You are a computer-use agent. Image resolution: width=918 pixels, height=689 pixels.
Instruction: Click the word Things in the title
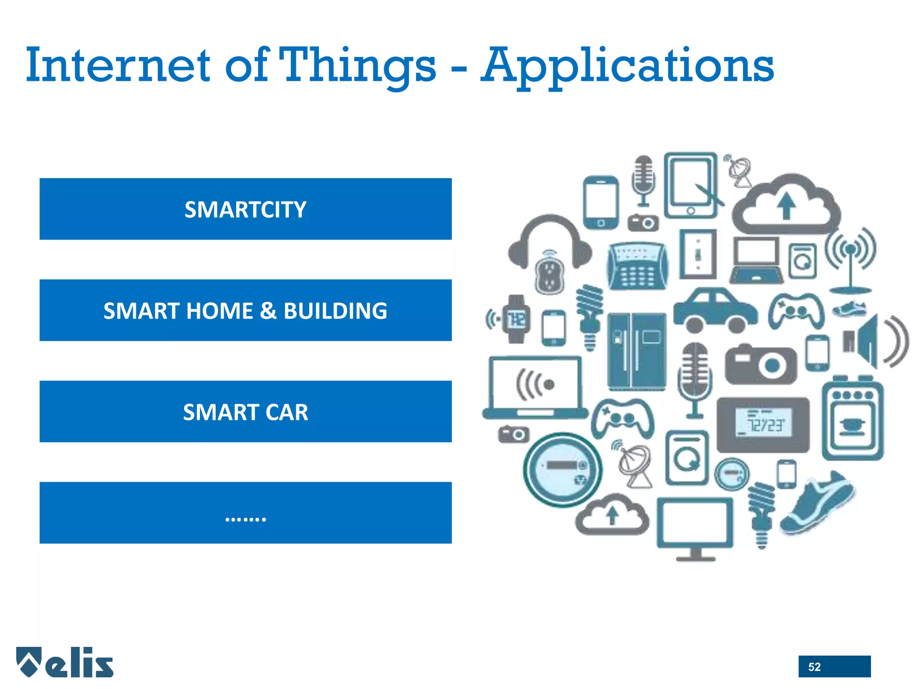(359, 66)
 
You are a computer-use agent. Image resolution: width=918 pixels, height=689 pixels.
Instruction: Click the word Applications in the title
(628, 66)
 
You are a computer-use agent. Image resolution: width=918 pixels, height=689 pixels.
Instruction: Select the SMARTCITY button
(245, 209)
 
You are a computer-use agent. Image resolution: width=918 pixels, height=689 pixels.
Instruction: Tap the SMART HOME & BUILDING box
(245, 310)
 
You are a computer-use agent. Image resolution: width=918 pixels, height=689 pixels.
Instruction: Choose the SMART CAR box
(245, 412)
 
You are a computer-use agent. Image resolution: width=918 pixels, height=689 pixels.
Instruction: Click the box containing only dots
(245, 513)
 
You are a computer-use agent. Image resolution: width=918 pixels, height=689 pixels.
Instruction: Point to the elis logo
(65, 662)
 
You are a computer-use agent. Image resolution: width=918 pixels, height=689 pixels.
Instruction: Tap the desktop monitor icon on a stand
(695, 527)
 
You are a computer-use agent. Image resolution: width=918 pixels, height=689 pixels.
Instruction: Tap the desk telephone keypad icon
(637, 266)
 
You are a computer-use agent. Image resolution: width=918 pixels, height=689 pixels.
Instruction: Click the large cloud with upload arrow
(786, 204)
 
